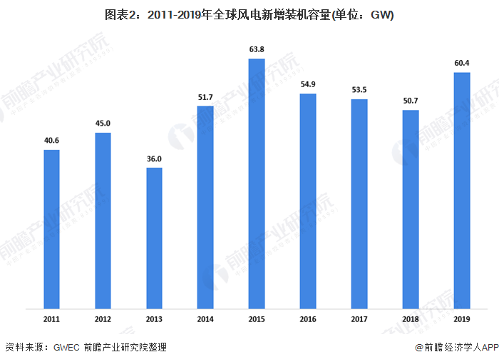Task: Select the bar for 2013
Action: [154, 238]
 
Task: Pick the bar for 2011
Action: [51, 229]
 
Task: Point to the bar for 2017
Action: [359, 204]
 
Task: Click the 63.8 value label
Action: [257, 49]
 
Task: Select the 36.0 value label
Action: [154, 159]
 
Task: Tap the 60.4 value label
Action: [462, 64]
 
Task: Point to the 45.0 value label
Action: [103, 124]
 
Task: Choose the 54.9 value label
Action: [308, 84]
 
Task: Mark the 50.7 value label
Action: [411, 101]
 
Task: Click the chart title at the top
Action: [249, 14]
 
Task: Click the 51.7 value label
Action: [205, 96]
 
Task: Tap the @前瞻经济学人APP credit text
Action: [457, 348]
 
